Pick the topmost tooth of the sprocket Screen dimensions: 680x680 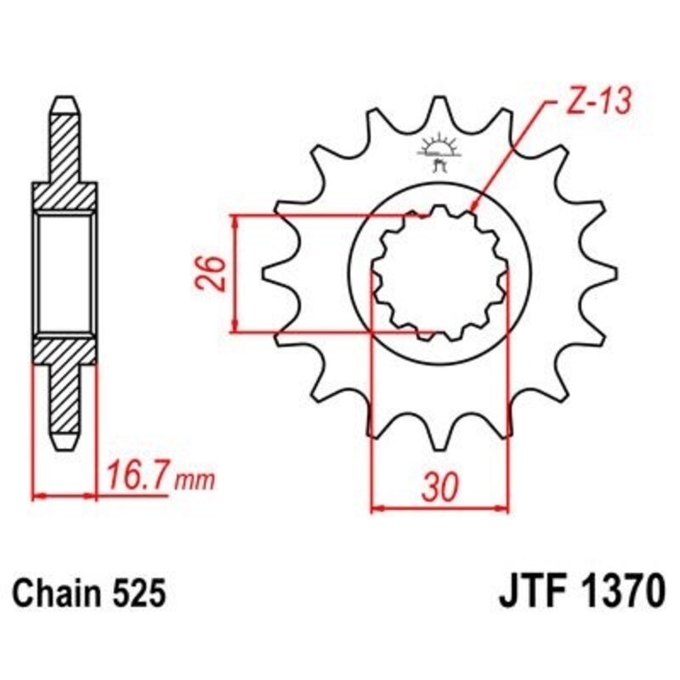point(439,109)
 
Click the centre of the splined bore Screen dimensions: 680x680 point(439,274)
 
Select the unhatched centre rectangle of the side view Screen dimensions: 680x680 point(65,274)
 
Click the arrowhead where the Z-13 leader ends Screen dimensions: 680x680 point(474,206)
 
